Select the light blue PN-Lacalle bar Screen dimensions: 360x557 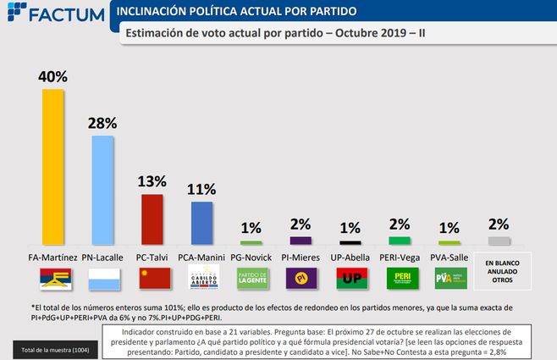click(x=102, y=190)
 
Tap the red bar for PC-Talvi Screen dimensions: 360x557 click(x=152, y=219)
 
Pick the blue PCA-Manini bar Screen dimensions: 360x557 click(x=201, y=223)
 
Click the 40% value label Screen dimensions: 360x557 click(x=52, y=76)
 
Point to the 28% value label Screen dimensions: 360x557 click(x=102, y=122)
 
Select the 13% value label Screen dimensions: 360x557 click(x=152, y=181)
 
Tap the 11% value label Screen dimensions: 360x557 click(x=201, y=189)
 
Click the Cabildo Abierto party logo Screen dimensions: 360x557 click(x=201, y=277)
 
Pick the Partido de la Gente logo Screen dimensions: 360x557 click(x=251, y=277)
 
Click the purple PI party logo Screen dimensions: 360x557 click(x=301, y=277)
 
